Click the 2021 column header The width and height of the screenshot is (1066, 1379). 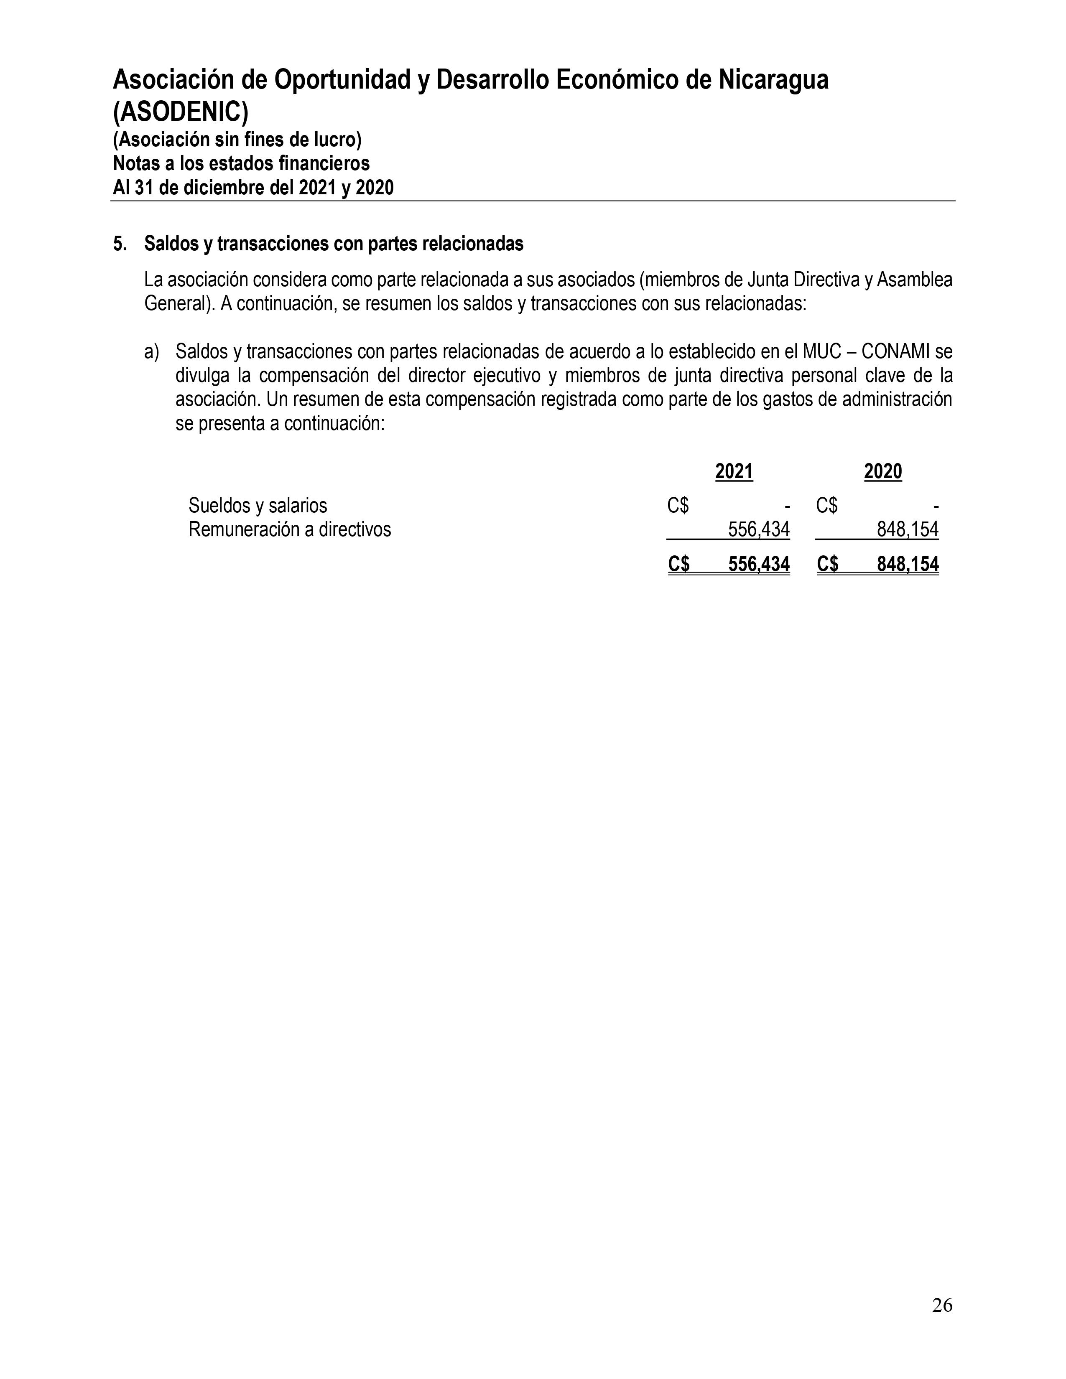pos(734,472)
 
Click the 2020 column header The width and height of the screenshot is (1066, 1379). pos(883,472)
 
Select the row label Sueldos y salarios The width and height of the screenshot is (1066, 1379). pos(258,506)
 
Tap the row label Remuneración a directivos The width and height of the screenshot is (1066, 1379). pos(289,529)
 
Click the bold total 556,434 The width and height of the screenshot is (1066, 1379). pos(758,564)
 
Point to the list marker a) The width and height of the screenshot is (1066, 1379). pos(152,352)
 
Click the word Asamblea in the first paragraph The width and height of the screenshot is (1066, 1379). pos(915,280)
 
